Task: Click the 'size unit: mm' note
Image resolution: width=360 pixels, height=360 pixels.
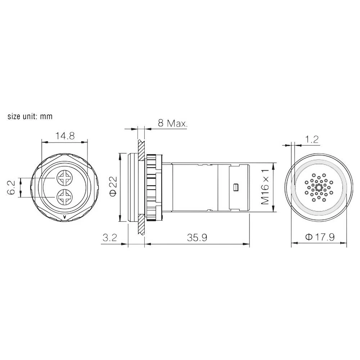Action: pos(30,116)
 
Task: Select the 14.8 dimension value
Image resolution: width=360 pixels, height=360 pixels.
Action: pos(65,136)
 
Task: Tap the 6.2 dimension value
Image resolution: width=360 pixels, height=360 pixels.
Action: pos(12,188)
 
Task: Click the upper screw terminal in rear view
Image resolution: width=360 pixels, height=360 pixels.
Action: pos(65,178)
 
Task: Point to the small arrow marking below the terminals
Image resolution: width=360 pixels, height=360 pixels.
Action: pos(64,217)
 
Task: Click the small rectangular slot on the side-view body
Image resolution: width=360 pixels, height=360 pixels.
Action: pos(236,188)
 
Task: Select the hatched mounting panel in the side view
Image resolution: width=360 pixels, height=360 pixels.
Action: pos(141,187)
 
